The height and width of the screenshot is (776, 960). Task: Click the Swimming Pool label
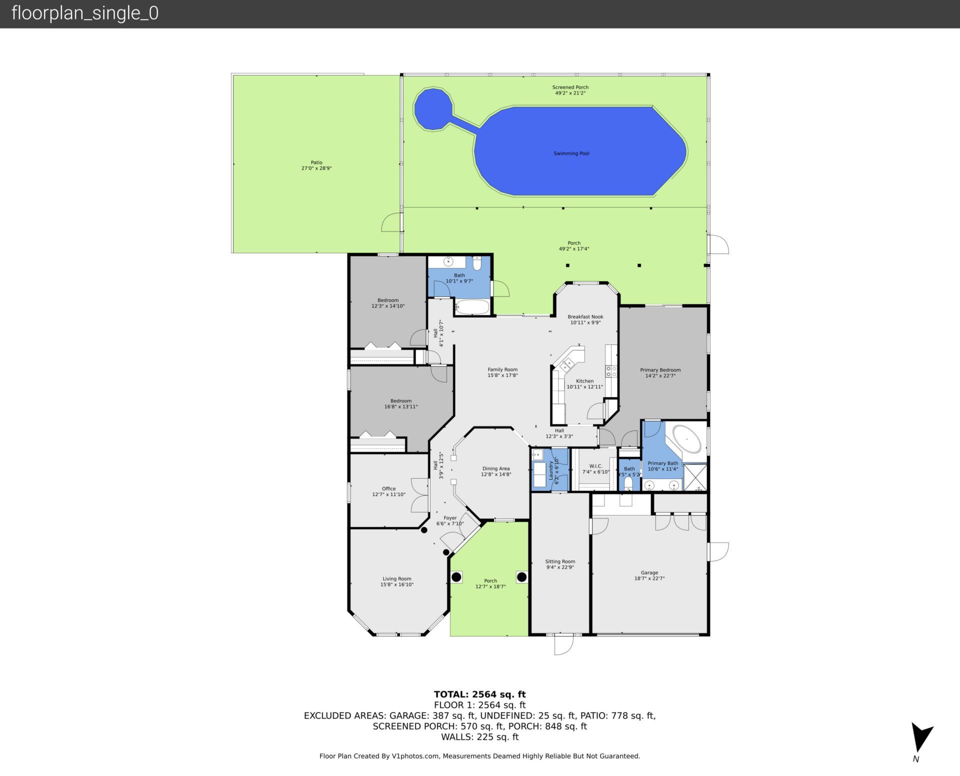tap(571, 153)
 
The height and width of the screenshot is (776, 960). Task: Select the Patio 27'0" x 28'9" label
tap(316, 165)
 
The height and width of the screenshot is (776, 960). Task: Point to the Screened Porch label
tap(570, 90)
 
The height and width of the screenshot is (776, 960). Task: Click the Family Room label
tap(502, 372)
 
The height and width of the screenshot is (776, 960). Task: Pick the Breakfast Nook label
tap(585, 319)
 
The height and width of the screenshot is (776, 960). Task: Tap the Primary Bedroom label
tap(660, 373)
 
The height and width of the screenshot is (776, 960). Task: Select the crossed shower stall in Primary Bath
tap(695, 477)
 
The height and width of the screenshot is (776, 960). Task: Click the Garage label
tap(649, 575)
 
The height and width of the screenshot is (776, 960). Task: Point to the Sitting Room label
tap(560, 564)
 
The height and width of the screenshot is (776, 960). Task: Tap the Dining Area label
tap(496, 471)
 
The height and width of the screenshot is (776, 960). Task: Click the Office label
tap(388, 491)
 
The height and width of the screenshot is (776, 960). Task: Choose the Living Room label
tap(397, 581)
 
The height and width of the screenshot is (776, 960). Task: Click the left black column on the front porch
tap(456, 577)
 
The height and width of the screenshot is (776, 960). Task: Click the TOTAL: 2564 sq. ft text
tap(479, 694)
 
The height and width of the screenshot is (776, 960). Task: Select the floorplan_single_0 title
tap(85, 13)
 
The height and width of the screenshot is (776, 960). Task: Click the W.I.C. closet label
tap(595, 469)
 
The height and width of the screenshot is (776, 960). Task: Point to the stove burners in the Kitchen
tap(611, 371)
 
